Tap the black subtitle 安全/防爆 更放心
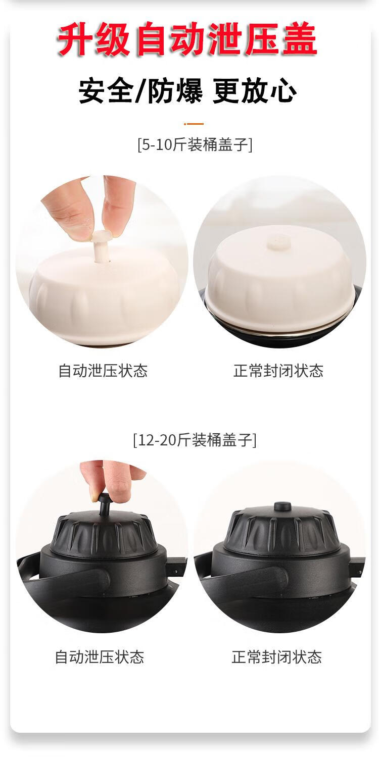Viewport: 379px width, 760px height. (188, 91)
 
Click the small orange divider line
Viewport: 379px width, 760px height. (194, 124)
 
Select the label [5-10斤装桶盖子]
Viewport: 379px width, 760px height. (195, 145)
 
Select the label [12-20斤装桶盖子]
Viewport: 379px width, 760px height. (195, 440)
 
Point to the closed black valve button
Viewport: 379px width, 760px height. (282, 506)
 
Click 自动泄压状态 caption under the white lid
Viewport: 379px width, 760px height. (103, 371)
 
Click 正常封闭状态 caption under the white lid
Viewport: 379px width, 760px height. (278, 371)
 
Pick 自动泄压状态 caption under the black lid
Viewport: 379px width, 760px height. (100, 657)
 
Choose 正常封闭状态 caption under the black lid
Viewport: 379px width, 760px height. (276, 657)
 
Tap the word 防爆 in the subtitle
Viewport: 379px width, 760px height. (175, 91)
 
